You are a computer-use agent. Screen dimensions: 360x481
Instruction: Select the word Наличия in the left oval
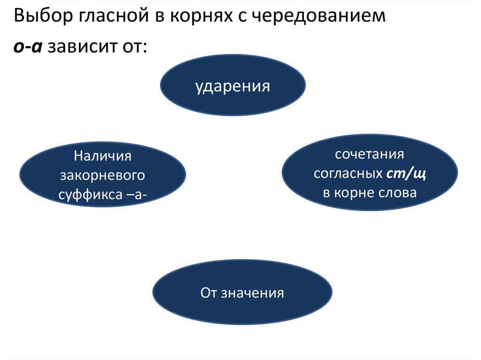pyautogui.click(x=102, y=156)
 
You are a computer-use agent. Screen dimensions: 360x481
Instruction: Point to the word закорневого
pyautogui.click(x=102, y=175)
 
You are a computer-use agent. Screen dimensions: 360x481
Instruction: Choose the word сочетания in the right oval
pyautogui.click(x=370, y=154)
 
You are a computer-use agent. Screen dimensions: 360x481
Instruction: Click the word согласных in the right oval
pyautogui.click(x=347, y=174)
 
